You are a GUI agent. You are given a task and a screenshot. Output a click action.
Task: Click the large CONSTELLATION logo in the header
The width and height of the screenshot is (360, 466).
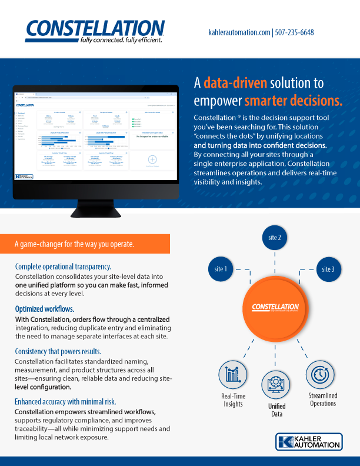click(95, 29)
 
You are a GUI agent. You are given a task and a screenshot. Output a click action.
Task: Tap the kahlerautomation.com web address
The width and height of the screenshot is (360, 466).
click(239, 32)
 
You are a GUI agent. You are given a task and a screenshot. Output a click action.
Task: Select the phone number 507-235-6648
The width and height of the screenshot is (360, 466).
click(294, 32)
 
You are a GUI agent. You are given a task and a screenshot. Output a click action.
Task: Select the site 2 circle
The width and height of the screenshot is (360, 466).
click(275, 238)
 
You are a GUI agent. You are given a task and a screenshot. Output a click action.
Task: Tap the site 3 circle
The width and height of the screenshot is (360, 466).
click(328, 269)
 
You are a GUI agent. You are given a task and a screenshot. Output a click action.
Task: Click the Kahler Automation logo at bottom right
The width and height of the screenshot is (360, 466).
click(308, 442)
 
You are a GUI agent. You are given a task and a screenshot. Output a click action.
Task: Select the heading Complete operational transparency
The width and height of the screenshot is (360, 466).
click(63, 267)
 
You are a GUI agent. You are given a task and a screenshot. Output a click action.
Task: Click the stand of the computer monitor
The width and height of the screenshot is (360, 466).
click(95, 209)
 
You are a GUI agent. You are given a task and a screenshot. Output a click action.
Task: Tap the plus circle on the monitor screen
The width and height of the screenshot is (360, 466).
click(152, 159)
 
